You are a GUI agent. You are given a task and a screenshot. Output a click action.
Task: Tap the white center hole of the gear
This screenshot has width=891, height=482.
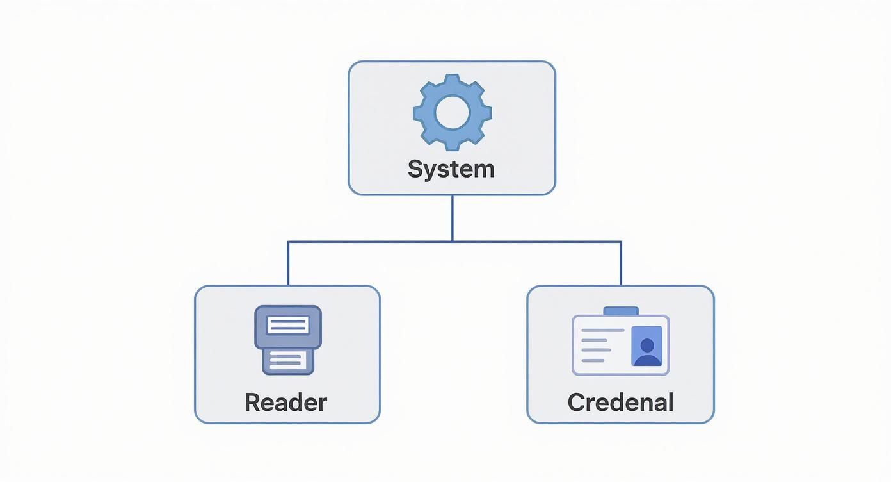[452, 112]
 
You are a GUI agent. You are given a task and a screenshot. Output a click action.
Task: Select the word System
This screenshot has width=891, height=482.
[451, 169]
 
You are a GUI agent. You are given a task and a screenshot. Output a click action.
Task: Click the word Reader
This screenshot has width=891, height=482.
[285, 403]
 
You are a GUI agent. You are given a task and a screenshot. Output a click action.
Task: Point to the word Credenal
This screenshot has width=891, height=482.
[620, 403]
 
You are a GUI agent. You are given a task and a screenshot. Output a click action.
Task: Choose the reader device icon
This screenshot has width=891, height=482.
[288, 340]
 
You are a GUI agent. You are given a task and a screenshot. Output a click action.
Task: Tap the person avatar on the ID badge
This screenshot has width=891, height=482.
[646, 347]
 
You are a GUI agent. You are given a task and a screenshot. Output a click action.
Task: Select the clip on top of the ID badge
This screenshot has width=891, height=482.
[621, 311]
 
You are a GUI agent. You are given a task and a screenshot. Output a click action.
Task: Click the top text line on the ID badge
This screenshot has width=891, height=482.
[602, 330]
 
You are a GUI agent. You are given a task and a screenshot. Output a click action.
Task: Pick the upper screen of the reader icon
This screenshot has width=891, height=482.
[288, 326]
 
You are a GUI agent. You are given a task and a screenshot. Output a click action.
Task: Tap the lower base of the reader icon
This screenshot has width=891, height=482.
[288, 361]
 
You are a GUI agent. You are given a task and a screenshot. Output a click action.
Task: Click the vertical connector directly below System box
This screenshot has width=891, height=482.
[453, 218]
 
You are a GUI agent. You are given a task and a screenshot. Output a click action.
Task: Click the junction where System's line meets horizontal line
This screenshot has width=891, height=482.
[453, 242]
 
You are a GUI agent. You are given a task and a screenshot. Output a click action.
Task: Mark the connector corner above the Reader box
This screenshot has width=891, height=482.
[288, 242]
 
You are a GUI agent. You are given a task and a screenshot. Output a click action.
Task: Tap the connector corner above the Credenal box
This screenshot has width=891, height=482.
[621, 242]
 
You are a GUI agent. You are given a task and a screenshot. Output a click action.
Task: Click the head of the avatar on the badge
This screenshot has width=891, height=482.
[647, 344]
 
